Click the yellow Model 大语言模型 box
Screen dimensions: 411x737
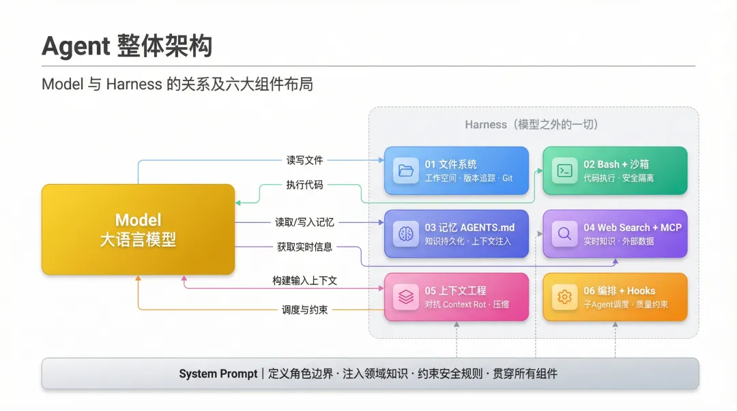(138, 229)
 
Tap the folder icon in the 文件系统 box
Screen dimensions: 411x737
(406, 171)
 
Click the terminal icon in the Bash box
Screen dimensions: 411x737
(564, 171)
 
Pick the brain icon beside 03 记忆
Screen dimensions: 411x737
(406, 234)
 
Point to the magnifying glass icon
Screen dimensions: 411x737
(564, 234)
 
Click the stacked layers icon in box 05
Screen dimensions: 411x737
(406, 297)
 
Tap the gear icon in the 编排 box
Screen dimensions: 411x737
(564, 297)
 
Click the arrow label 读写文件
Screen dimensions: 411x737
(304, 160)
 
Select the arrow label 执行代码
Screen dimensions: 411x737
(304, 185)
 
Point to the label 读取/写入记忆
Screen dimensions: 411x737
(304, 222)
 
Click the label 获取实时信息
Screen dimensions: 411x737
(304, 247)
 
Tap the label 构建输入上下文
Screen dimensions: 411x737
(304, 280)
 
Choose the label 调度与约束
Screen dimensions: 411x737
(304, 309)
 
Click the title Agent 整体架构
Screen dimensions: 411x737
(127, 46)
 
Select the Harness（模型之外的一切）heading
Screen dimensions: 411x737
(532, 125)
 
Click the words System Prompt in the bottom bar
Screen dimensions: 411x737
(218, 374)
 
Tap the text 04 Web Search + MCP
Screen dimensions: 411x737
(632, 228)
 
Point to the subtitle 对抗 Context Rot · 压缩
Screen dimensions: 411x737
(467, 305)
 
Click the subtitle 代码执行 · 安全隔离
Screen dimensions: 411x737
(618, 178)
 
